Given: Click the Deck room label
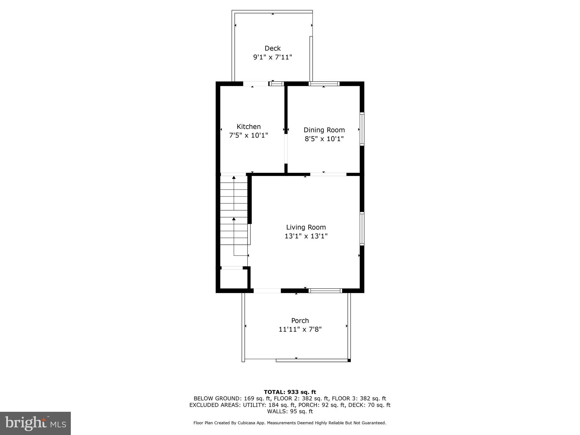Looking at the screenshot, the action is coord(272,48).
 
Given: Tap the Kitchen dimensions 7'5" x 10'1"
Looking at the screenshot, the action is coord(248,135).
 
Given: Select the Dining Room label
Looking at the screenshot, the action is coord(324,130).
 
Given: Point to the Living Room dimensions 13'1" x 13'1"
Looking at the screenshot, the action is coord(306,236).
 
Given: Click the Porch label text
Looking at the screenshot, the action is coord(300,321).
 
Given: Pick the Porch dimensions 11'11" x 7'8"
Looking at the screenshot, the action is coord(300,329).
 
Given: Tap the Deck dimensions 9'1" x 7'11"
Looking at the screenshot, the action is coord(272,57).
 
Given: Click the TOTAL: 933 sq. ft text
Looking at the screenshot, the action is coord(290,392).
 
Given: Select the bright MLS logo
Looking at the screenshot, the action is coord(35,423).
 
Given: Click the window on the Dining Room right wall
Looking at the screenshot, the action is coord(362,129).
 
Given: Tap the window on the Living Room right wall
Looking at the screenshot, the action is coord(362,229).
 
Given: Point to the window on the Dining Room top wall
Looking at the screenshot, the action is coord(324,84).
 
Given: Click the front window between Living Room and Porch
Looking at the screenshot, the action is coord(325,291).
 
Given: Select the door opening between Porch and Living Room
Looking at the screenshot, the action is coord(267,291).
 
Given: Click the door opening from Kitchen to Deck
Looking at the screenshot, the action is coord(256,84).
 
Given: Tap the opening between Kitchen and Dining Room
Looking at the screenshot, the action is coord(286,149).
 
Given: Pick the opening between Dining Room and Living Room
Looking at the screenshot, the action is coord(328,174).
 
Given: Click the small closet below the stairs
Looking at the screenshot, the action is coord(234,279).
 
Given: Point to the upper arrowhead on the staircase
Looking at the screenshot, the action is coord(234,178).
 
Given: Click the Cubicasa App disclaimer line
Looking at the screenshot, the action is coord(290,423).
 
